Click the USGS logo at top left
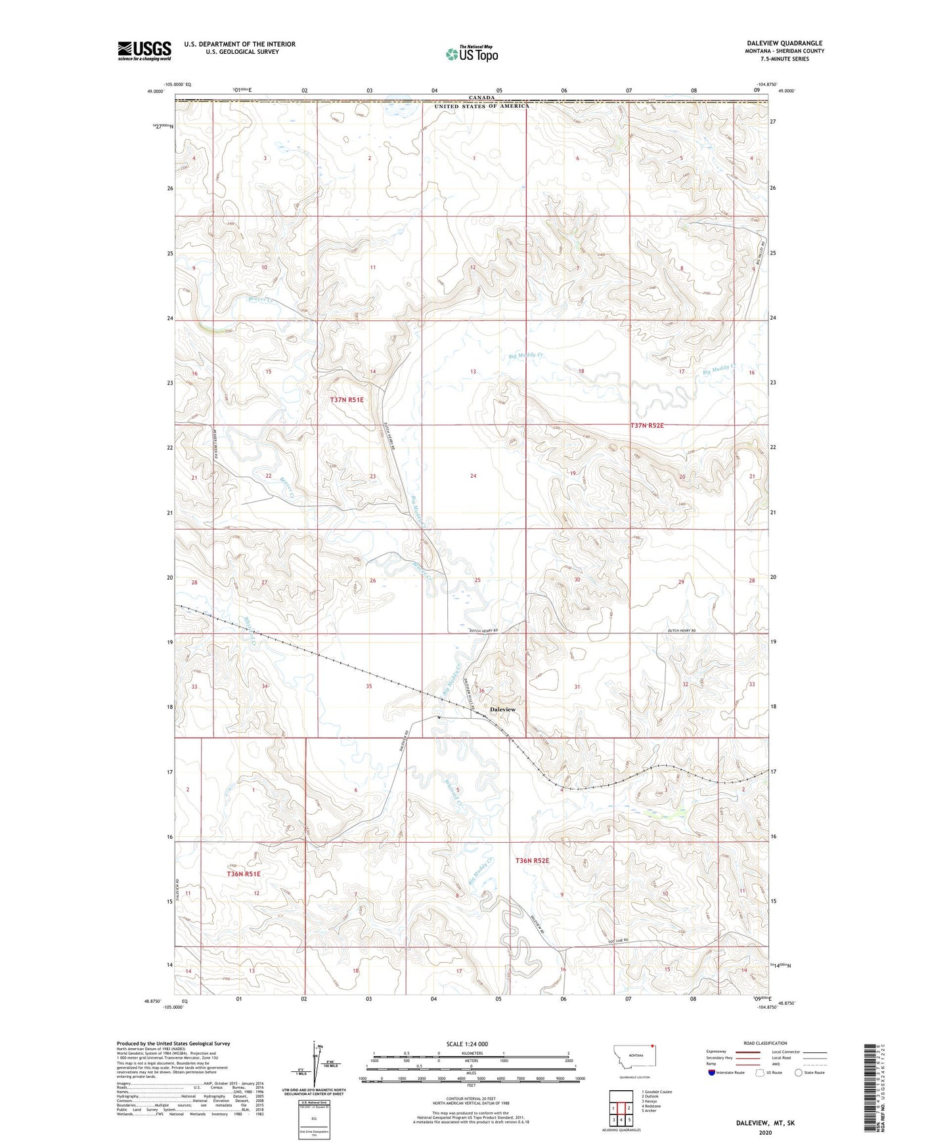[x=144, y=50]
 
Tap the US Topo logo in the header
[x=472, y=54]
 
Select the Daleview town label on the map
[x=503, y=710]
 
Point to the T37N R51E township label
[x=347, y=399]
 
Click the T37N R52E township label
[x=647, y=425]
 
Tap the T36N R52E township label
[x=532, y=860]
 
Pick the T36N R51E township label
[x=244, y=874]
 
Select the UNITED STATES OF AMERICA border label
[x=481, y=106]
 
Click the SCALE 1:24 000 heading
[x=467, y=1044]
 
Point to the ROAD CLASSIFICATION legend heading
[x=765, y=1043]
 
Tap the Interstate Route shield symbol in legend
[x=712, y=1072]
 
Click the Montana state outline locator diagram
[x=634, y=1058]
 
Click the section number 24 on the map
[x=473, y=475]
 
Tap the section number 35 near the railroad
[x=369, y=686]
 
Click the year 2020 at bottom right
[x=765, y=1133]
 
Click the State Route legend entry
[x=810, y=1072]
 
